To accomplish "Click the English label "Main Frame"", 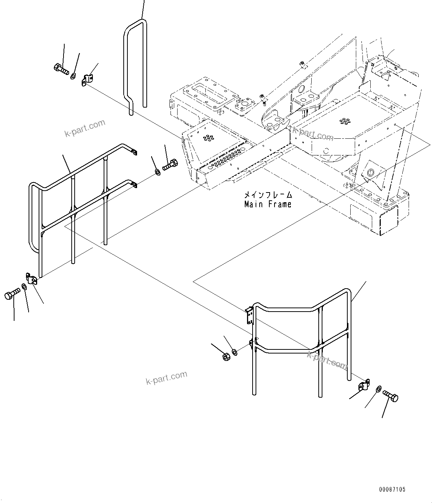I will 267,204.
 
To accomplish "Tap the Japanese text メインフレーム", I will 267,195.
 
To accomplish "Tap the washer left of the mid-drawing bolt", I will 157,172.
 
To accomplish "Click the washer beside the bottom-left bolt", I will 24,286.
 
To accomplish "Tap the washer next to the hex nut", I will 234,351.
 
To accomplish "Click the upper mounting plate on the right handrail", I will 250,315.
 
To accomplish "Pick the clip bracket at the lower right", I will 364,386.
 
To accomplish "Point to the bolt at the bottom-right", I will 390,396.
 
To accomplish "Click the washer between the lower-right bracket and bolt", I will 378,388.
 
